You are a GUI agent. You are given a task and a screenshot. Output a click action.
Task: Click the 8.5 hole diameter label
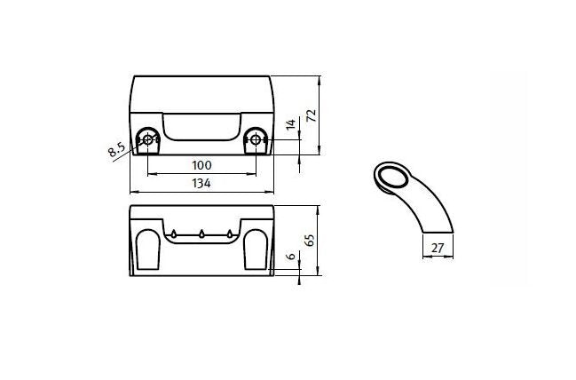click(116, 149)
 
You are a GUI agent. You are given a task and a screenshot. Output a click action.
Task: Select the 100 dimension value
click(201, 165)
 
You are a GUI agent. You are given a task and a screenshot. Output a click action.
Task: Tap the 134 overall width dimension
click(201, 183)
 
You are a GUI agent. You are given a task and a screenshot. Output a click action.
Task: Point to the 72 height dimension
click(311, 115)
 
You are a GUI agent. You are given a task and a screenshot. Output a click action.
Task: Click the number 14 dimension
click(290, 126)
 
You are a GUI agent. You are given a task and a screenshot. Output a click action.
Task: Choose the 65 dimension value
click(311, 240)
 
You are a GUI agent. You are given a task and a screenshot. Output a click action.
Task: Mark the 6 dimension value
click(290, 257)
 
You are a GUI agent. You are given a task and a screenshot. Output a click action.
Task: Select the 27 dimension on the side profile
click(437, 249)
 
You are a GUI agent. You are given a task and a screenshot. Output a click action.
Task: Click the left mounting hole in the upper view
click(147, 139)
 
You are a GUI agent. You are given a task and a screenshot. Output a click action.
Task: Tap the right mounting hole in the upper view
click(256, 139)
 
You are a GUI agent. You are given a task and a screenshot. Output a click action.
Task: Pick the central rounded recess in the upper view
click(201, 126)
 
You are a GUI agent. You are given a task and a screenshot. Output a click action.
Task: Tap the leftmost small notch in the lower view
click(175, 234)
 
